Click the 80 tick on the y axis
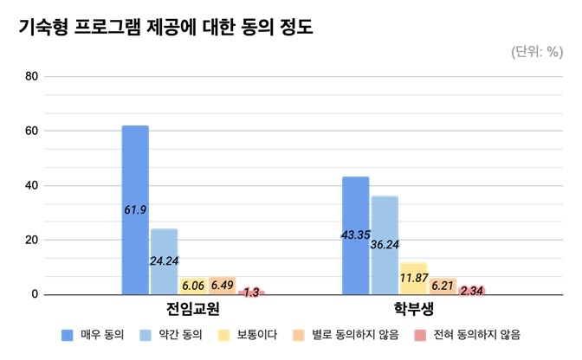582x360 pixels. (32, 76)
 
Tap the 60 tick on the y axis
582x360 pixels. (32, 131)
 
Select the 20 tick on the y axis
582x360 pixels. (32, 240)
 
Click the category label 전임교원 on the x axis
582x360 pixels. (193, 309)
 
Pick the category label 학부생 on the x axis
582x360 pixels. (414, 309)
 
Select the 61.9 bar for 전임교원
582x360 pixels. (135, 210)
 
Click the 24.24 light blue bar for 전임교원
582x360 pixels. (164, 261)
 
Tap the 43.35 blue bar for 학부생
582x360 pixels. (356, 235)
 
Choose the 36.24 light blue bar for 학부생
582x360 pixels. (385, 245)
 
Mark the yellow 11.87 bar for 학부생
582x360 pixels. (413, 279)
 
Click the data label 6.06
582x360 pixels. (192, 286)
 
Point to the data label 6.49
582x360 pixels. (222, 285)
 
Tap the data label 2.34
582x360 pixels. (472, 291)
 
